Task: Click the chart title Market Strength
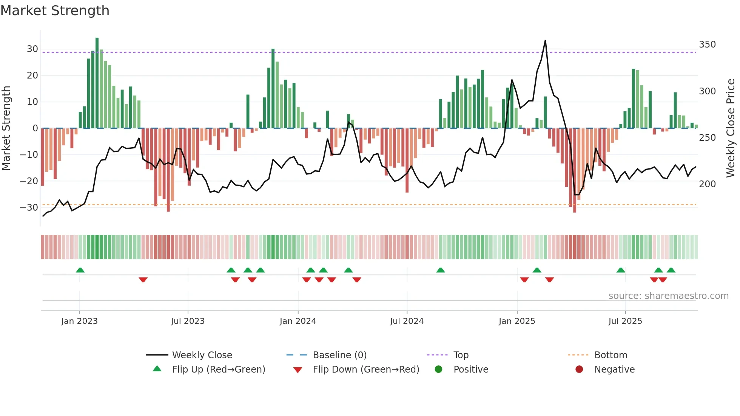click(x=55, y=11)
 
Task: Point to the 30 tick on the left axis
click(x=32, y=49)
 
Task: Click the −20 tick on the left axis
click(x=29, y=181)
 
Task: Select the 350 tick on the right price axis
click(x=707, y=45)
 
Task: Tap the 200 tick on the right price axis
click(x=707, y=184)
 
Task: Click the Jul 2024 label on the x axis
click(x=407, y=321)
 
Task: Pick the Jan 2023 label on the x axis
click(x=79, y=321)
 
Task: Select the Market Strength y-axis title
click(x=6, y=128)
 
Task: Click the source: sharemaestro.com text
click(x=668, y=296)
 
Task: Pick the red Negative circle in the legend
click(x=579, y=370)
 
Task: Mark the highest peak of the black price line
click(x=545, y=41)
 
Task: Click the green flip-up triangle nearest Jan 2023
click(x=80, y=270)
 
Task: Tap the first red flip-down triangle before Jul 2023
click(x=143, y=280)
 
